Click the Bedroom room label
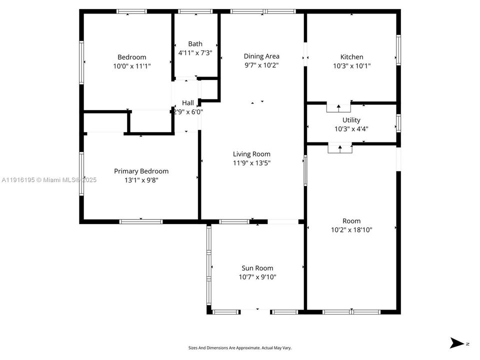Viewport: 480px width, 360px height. (x=131, y=57)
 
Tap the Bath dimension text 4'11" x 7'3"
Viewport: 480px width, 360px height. (x=195, y=52)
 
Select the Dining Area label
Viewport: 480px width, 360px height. (x=261, y=56)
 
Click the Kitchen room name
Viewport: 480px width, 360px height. (x=351, y=57)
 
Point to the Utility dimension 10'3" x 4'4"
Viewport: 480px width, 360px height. (x=351, y=128)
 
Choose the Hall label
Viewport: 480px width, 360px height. (x=188, y=103)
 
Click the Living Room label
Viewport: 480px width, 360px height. (x=251, y=154)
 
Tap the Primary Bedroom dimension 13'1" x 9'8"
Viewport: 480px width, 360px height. (x=141, y=180)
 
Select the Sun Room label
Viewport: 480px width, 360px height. (x=257, y=268)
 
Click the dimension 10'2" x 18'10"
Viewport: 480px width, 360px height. (x=351, y=229)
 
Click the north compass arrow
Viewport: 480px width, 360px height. (x=457, y=343)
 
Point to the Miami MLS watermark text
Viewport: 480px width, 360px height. (x=49, y=180)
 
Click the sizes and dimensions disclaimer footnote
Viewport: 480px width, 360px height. (x=239, y=347)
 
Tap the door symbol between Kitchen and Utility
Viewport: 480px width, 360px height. (x=339, y=107)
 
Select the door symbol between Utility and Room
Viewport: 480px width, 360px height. (x=340, y=148)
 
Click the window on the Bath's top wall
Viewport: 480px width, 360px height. (x=195, y=11)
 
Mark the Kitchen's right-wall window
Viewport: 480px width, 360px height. (x=398, y=49)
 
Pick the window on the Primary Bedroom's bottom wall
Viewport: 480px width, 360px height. (x=141, y=221)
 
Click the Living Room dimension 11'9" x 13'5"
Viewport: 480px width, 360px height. (x=251, y=162)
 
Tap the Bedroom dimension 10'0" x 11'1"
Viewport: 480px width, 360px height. (x=131, y=65)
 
